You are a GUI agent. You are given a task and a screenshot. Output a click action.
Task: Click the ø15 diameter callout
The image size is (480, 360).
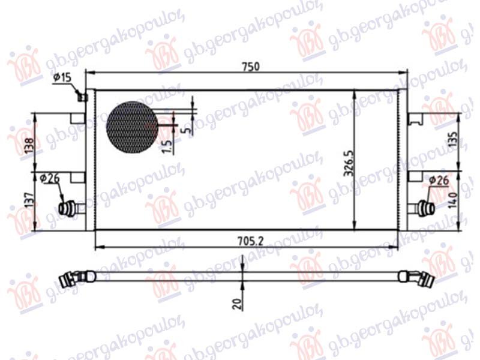(x=62, y=78)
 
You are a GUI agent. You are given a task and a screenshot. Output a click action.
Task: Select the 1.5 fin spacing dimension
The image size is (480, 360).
(x=167, y=145)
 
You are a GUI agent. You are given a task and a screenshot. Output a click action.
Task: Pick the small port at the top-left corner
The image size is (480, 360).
(x=84, y=97)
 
